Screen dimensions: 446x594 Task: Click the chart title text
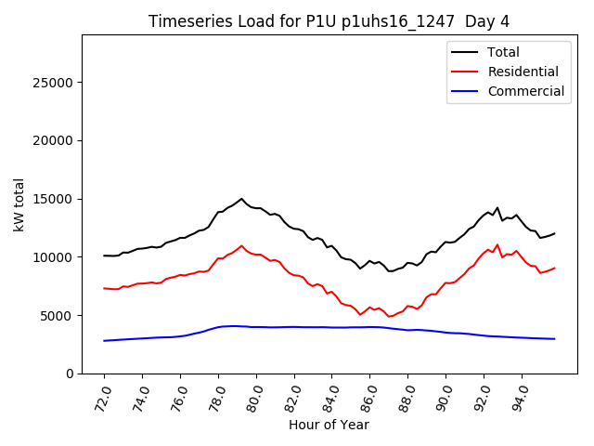(x=329, y=21)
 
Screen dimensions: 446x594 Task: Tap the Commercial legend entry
(x=525, y=91)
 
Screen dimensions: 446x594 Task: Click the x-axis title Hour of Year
(x=329, y=425)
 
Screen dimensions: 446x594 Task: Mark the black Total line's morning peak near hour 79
(x=241, y=199)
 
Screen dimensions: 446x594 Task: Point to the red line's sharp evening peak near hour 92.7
(x=497, y=244)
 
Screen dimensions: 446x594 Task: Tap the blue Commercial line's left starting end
(x=104, y=341)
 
